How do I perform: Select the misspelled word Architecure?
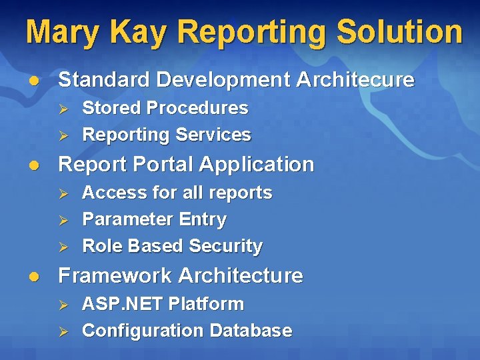coord(355,80)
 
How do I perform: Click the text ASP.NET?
coord(122,304)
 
